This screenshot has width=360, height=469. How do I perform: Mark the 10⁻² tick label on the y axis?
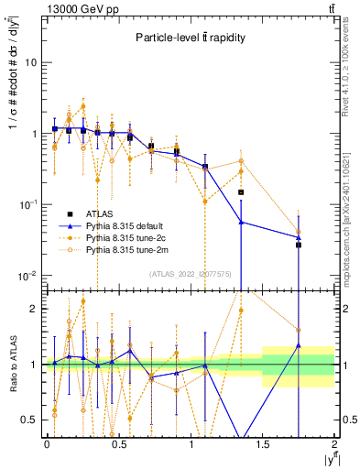point(27,276)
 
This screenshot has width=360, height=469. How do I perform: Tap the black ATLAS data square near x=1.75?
point(299,245)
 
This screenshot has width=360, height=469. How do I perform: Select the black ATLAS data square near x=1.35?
point(241,192)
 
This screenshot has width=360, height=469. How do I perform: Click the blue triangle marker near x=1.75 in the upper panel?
point(299,237)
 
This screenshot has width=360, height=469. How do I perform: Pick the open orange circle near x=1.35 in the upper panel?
point(241,161)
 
